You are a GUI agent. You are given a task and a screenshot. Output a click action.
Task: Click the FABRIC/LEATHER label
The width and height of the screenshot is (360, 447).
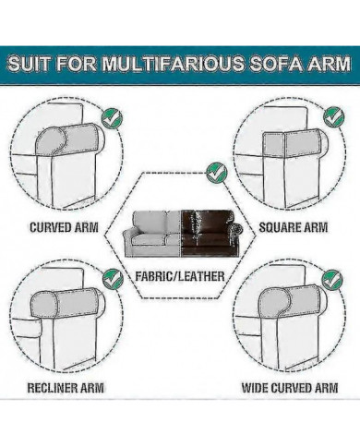click(180, 275)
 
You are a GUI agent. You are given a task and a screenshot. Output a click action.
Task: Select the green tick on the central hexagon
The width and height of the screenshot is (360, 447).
click(216, 172)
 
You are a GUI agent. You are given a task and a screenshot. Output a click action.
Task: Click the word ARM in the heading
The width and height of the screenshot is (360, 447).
click(326, 66)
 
